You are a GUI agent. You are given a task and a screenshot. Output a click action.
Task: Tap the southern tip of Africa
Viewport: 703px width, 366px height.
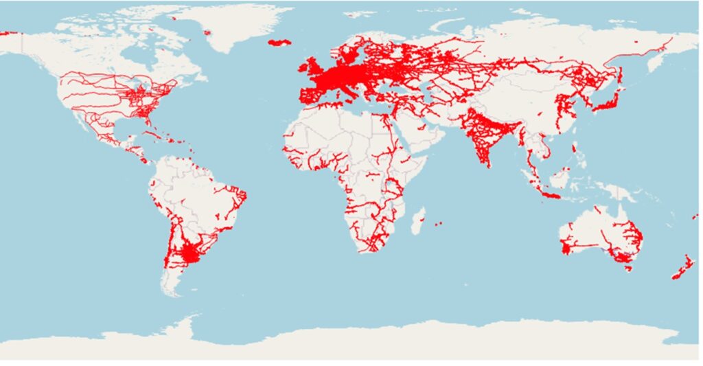371,250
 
